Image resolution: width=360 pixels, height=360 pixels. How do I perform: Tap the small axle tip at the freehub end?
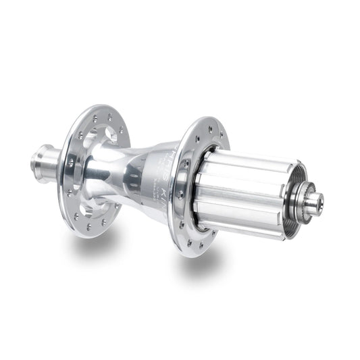314,201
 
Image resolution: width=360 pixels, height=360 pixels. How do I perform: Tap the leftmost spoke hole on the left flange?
70,162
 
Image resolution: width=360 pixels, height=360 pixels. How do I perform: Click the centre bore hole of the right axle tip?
318,201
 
